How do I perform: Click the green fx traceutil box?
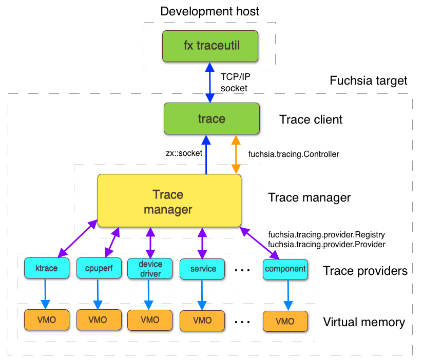[212, 46]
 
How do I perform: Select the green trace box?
[212, 119]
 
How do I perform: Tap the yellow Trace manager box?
[169, 201]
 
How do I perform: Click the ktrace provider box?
[46, 268]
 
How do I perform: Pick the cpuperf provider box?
[98, 268]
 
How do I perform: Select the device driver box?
[150, 268]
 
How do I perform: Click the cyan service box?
[202, 268]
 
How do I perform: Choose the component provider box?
[285, 268]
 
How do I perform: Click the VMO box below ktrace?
[46, 320]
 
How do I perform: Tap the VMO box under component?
[285, 321]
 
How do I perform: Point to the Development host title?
[210, 11]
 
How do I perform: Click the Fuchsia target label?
[368, 81]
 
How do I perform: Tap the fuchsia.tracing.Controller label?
[293, 153]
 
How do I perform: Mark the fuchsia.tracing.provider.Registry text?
[326, 234]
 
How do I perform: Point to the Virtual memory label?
[363, 322]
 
